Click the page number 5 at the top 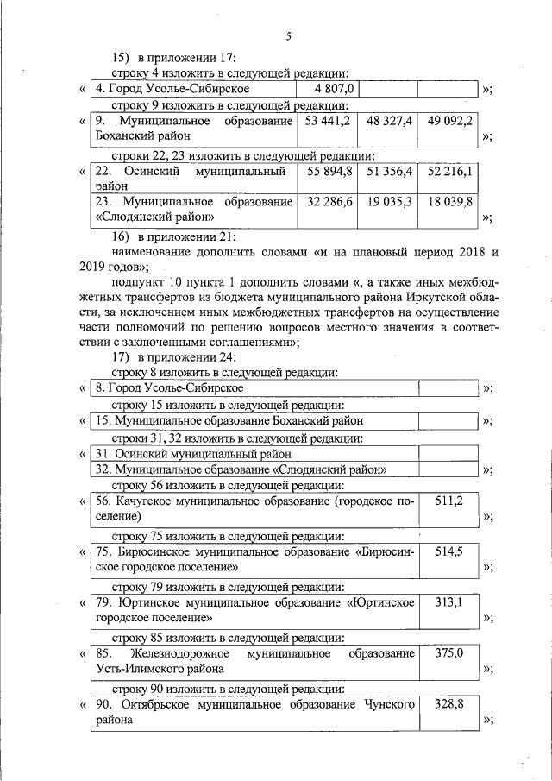point(288,35)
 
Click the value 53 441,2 point(328,121)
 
